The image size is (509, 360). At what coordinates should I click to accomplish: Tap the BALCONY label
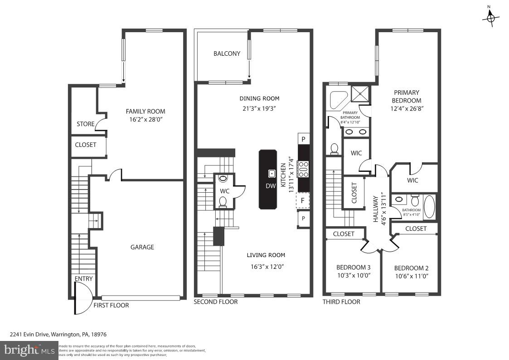pos(227,54)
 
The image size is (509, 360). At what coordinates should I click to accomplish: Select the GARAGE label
pos(142,247)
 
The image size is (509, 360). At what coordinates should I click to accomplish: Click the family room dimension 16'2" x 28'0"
pos(145,120)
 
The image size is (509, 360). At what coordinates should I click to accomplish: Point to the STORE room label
pos(85,124)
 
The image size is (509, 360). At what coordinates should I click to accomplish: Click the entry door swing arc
pos(83,298)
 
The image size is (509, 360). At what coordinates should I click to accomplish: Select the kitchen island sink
pos(271,173)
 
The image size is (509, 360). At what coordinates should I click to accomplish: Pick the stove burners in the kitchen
pos(303,169)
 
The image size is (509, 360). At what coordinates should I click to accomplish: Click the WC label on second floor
pos(225,191)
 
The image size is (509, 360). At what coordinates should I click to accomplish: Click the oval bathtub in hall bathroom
pos(429,207)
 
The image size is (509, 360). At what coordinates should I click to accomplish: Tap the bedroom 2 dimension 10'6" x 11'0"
pos(412,276)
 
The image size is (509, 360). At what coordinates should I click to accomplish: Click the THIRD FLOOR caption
pos(341,302)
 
